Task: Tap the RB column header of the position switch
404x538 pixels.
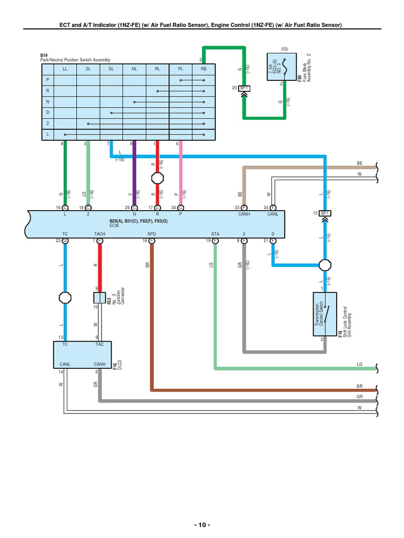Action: pos(204,69)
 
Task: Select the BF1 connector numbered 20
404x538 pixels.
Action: pos(244,88)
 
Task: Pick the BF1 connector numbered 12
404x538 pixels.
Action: pos(326,213)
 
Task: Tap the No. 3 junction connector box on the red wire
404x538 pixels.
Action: pos(99,298)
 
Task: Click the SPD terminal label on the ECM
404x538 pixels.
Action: pos(151,233)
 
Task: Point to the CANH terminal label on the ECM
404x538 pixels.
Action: pos(243,214)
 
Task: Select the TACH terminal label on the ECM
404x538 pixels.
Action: pos(99,233)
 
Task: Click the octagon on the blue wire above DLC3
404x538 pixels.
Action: pos(65,297)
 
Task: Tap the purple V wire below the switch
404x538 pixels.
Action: pos(134,173)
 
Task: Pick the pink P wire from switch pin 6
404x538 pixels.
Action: pos(180,173)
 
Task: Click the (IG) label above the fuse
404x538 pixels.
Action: pos(284,48)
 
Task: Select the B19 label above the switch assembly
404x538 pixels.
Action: pos(44,55)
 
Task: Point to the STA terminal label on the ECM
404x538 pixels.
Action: pos(215,233)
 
